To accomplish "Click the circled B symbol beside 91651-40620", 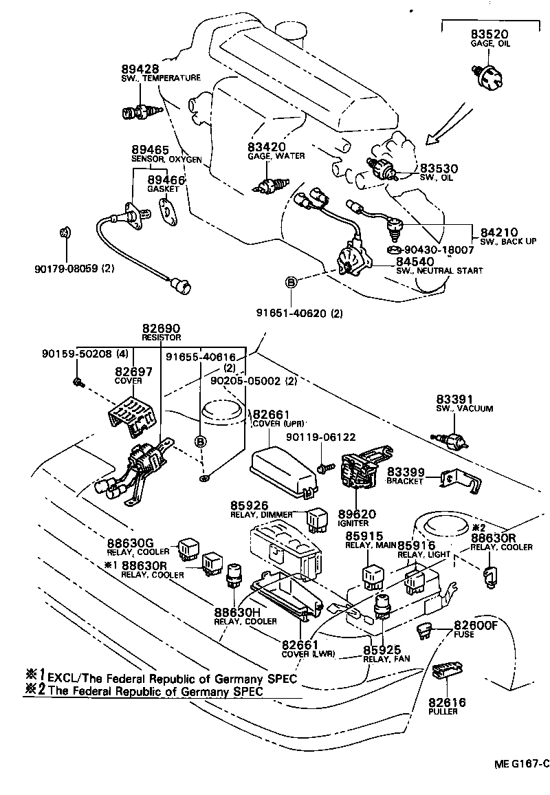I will coord(291,283).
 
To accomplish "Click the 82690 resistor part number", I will coord(161,329).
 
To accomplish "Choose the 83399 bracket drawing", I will coord(460,481).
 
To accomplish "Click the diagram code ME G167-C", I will coord(520,763).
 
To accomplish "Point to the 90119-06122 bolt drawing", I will coord(326,468).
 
